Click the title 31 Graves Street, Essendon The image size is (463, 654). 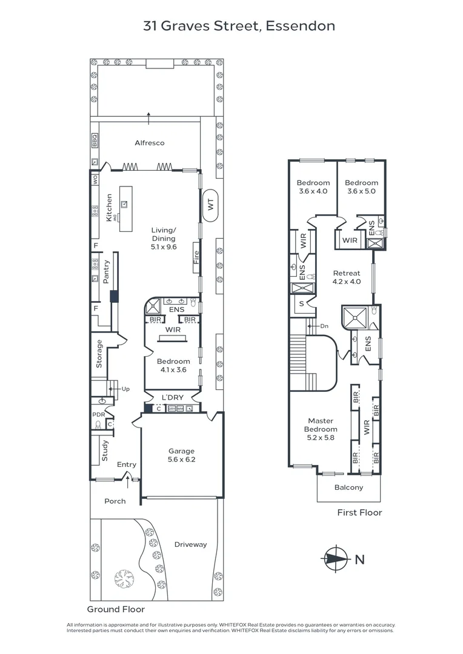(239, 26)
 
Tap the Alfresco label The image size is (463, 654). (149, 143)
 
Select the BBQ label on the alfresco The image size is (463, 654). (95, 140)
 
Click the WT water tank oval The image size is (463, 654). (211, 205)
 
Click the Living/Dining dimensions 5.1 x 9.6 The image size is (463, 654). (164, 247)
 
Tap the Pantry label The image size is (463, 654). (106, 272)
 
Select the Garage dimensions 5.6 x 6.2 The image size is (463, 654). (182, 460)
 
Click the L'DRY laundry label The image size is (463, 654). (172, 397)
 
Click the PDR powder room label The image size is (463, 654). (98, 414)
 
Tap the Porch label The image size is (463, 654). (115, 501)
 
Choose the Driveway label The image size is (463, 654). (190, 544)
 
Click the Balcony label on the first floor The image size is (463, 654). (348, 487)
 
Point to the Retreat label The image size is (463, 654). (346, 273)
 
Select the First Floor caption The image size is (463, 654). (359, 512)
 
